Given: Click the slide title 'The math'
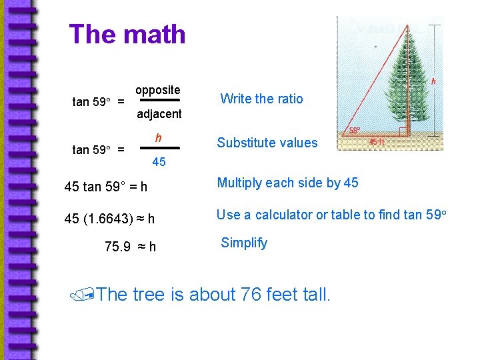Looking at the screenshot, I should point(127,34).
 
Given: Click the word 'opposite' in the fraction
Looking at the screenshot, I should point(157,90).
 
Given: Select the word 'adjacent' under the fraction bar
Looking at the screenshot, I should point(159,114).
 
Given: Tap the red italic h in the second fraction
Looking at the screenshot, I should point(158,138).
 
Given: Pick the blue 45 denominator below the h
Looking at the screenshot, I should point(159,162).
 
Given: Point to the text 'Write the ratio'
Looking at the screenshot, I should point(261,99).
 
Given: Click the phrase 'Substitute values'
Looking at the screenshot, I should point(267,143).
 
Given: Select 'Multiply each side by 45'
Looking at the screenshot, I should point(287,183).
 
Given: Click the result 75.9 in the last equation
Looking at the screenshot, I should point(118,247).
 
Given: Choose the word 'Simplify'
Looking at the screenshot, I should point(244,243).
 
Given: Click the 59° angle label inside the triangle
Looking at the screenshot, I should point(355,131).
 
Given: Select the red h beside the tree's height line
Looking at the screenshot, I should point(434,81).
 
